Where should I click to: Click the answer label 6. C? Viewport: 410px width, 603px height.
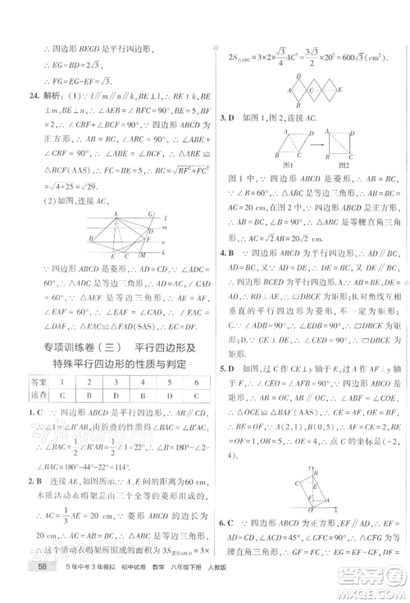(225, 522)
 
